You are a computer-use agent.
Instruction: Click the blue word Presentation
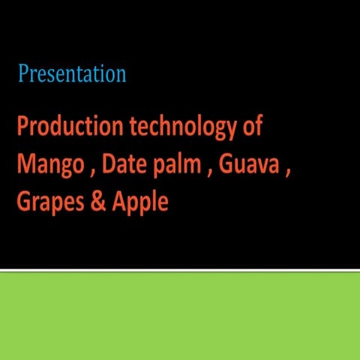[x=72, y=74]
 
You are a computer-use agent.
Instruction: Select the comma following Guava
[x=286, y=172]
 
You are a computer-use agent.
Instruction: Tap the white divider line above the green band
[x=180, y=270]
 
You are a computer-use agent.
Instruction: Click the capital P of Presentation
[x=23, y=74]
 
